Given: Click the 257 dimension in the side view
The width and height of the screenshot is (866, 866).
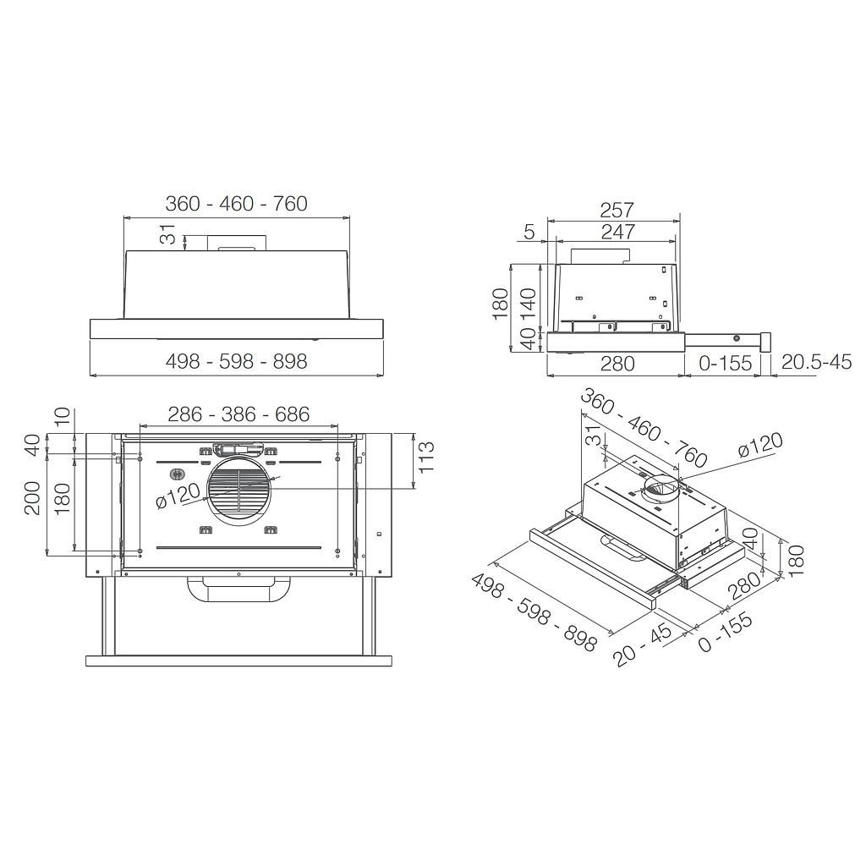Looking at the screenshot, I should [617, 210].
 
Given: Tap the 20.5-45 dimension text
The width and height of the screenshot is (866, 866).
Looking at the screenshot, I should [816, 363].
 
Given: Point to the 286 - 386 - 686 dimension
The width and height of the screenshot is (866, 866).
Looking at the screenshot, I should [238, 414].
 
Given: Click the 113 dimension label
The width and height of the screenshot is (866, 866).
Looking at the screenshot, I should [426, 458].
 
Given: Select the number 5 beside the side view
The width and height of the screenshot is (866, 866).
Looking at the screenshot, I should [529, 231].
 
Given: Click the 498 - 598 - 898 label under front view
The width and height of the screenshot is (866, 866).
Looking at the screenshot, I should [236, 361].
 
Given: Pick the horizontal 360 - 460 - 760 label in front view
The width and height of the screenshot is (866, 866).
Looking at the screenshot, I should [236, 203].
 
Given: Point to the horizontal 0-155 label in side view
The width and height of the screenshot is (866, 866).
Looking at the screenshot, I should [724, 363].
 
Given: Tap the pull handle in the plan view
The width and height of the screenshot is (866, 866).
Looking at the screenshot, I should [238, 589].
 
